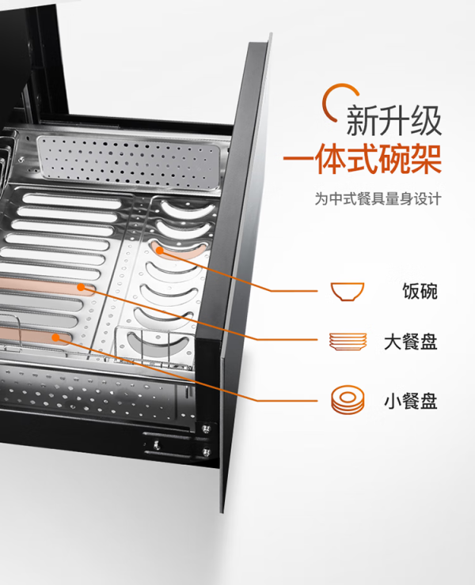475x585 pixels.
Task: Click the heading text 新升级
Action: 394,120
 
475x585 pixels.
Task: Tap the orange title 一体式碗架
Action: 362,160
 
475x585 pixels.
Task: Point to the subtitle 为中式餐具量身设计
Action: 378,198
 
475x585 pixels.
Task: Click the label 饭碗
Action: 420,291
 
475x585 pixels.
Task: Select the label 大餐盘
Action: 411,342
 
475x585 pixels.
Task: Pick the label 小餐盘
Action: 411,401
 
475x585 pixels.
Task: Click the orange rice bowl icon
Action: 348,292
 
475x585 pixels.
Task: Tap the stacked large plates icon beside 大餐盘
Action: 348,342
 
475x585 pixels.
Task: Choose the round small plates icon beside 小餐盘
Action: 348,400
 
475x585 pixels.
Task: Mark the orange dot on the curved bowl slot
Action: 160,251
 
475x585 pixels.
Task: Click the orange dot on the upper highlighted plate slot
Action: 81,287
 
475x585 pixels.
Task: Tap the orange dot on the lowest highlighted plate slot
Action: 55,338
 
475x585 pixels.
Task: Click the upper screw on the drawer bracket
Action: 205,429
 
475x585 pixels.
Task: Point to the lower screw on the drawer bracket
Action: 206,452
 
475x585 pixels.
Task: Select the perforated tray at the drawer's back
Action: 129,161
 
